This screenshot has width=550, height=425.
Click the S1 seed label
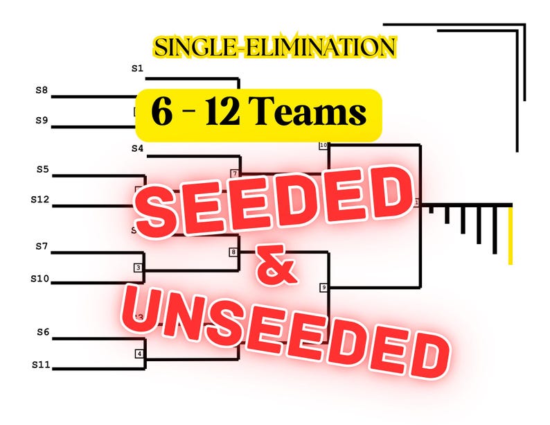point(137,69)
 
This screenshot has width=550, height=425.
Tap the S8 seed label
point(42,89)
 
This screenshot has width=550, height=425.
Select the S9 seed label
point(42,120)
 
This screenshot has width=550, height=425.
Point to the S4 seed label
point(137,148)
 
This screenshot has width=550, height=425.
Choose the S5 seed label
point(42,168)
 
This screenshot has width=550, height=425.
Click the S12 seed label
point(39,199)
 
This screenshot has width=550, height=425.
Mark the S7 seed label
point(42,245)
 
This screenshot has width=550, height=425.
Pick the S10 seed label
point(39,278)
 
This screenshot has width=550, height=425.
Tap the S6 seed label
point(43,332)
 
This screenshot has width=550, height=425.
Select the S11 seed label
point(41,363)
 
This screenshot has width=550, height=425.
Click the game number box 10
point(323,146)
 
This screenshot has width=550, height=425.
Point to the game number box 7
point(235,173)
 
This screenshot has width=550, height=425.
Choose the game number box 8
point(233,252)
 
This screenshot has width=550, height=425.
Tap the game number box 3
point(139,267)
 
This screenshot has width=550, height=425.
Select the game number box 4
point(139,354)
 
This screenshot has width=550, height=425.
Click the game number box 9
point(323,287)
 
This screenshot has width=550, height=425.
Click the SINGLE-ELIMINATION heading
point(275,47)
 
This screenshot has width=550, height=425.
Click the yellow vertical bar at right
point(511,236)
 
